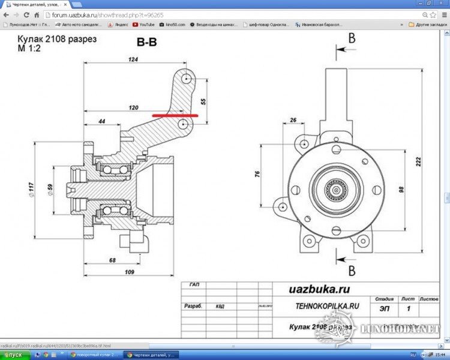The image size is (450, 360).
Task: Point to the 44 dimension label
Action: (x=102, y=121)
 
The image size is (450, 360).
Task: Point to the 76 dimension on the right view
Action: (x=257, y=175)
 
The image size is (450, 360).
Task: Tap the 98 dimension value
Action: (x=401, y=190)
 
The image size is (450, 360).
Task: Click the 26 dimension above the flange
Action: (x=293, y=120)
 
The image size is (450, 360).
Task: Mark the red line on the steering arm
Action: (x=175, y=114)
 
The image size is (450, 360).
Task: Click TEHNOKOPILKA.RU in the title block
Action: (x=328, y=305)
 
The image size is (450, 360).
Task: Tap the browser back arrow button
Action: (x=6, y=14)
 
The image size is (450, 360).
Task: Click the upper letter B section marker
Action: (x=352, y=38)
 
